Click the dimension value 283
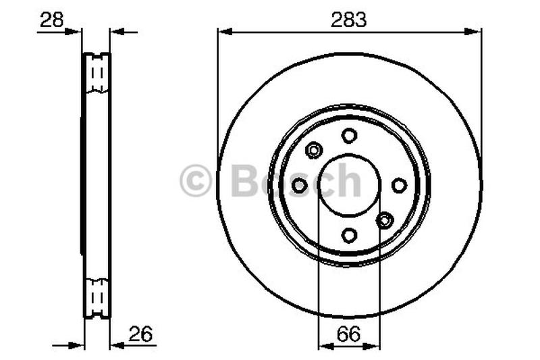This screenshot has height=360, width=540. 348,20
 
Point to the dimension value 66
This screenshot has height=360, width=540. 349,333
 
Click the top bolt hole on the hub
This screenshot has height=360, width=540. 349,136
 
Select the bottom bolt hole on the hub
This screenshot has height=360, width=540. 349,235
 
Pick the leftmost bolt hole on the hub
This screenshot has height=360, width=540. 300,185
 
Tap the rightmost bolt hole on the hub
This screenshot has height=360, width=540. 399,185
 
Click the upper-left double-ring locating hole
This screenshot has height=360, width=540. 314,150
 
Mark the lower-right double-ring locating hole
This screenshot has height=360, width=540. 385,220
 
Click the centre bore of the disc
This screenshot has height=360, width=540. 349,185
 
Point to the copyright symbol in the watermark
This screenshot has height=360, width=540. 196,181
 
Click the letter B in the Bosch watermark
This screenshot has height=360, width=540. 244,181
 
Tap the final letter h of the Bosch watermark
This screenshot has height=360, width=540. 349,181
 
